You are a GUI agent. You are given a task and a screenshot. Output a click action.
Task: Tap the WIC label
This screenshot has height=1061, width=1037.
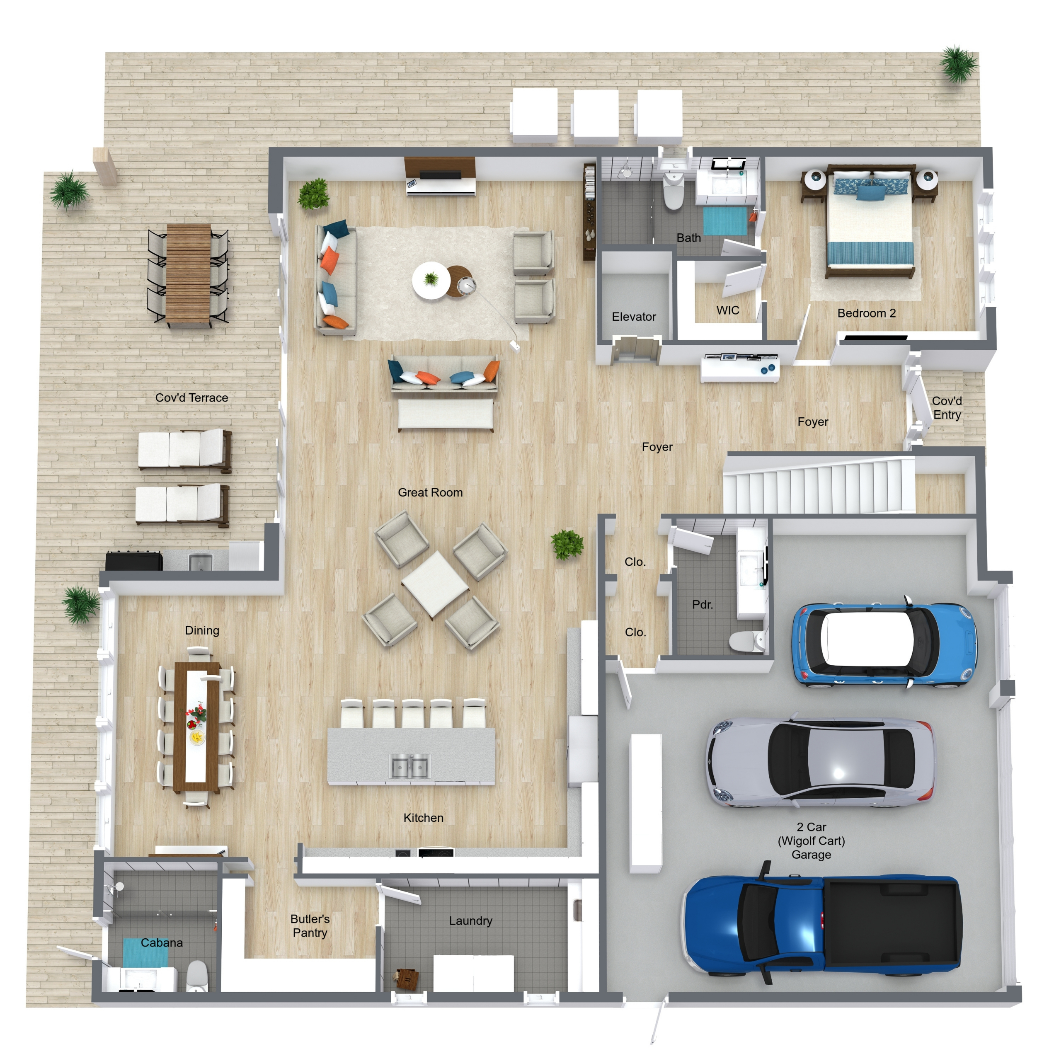pyautogui.click(x=728, y=310)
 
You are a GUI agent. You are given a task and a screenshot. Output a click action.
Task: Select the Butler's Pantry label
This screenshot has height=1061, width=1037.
pyautogui.click(x=310, y=925)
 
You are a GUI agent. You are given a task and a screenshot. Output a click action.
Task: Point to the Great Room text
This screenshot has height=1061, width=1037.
pyautogui.click(x=430, y=492)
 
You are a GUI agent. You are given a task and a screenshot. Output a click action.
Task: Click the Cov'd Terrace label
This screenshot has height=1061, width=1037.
pyautogui.click(x=192, y=397)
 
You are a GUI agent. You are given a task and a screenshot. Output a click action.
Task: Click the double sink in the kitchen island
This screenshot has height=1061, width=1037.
pyautogui.click(x=411, y=766)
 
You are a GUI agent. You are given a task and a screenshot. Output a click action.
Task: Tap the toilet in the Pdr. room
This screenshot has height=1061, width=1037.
pyautogui.click(x=747, y=640)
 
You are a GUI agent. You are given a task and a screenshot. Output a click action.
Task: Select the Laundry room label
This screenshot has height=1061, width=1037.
pyautogui.click(x=470, y=921)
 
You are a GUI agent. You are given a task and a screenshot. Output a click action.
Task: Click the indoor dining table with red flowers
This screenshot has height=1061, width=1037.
pyautogui.click(x=196, y=727)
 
